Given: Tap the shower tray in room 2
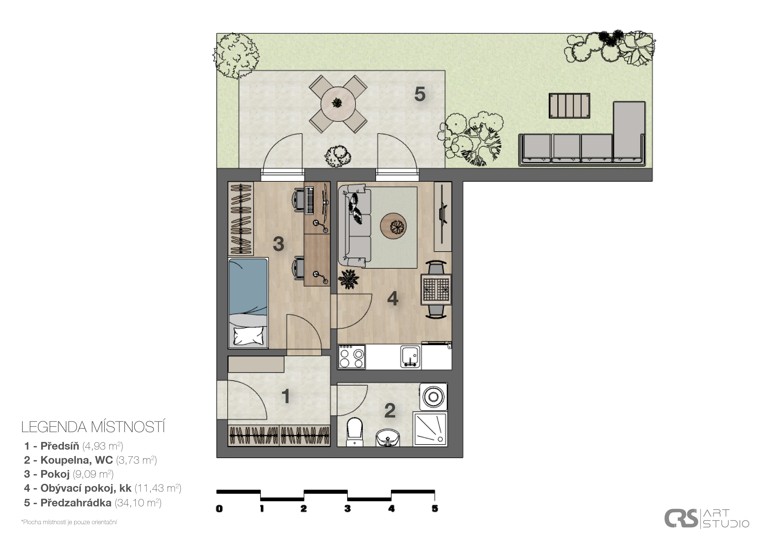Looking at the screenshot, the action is pyautogui.click(x=430, y=428).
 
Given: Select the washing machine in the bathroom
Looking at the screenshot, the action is pyautogui.click(x=433, y=397).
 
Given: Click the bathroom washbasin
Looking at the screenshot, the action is pyautogui.click(x=388, y=438).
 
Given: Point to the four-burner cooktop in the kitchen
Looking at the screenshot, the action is pyautogui.click(x=352, y=357).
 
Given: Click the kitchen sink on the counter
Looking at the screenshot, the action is pyautogui.click(x=411, y=357).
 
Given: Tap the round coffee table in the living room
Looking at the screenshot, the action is pyautogui.click(x=393, y=226).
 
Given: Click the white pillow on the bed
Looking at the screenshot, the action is pyautogui.click(x=249, y=335).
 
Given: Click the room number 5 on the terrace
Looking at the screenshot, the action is pyautogui.click(x=420, y=94).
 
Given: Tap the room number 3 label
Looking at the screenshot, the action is pyautogui.click(x=279, y=244).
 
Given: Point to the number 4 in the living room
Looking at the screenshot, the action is pyautogui.click(x=393, y=299).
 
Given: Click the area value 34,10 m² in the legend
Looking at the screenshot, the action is pyautogui.click(x=138, y=503).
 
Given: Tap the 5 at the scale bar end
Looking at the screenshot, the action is pyautogui.click(x=435, y=509).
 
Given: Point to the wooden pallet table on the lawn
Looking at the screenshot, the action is pyautogui.click(x=569, y=106).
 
